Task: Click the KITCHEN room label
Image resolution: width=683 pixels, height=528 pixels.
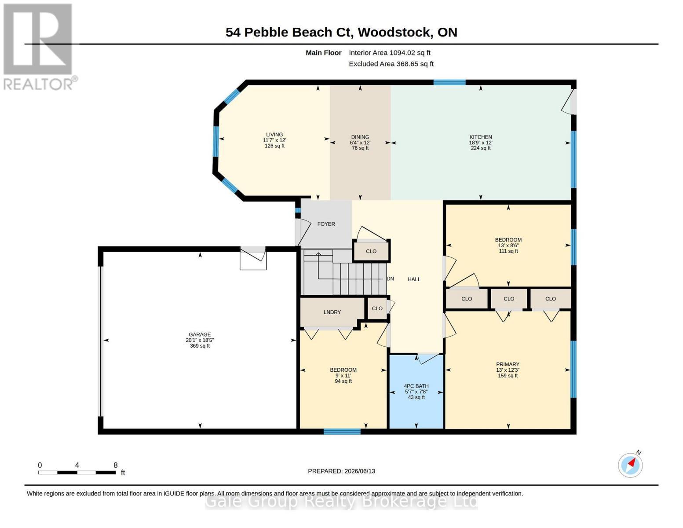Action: [480, 137]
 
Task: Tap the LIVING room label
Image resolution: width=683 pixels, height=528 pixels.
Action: [274, 135]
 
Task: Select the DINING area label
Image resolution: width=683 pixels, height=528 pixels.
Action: [360, 137]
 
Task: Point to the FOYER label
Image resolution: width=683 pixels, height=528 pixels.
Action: [326, 224]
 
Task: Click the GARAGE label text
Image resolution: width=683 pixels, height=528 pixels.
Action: [200, 334]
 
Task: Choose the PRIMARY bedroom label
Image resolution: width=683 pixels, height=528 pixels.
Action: [508, 364]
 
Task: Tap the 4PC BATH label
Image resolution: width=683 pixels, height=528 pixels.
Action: [416, 386]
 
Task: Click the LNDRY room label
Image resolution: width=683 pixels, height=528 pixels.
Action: [332, 312]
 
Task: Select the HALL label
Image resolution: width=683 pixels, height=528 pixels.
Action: [414, 279]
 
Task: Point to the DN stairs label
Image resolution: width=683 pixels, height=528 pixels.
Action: [390, 279]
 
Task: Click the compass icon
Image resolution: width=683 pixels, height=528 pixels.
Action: [630, 465]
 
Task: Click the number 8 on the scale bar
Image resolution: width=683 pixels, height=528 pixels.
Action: [115, 465]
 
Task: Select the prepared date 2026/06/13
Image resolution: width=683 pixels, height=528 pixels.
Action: [360, 471]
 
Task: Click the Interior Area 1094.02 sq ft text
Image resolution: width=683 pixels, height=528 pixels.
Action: [389, 53]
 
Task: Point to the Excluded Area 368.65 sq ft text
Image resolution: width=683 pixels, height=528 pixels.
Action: [391, 64]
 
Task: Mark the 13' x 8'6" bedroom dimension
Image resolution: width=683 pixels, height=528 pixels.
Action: [508, 246]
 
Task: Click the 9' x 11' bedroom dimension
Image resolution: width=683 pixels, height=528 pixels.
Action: [343, 376]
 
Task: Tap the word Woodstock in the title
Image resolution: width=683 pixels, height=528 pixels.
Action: [394, 33]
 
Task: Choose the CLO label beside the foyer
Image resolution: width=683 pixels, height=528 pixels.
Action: [371, 251]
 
